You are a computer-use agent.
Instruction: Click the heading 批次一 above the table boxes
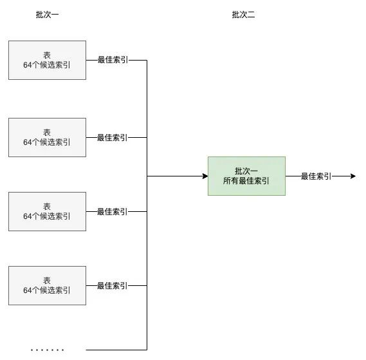click(47, 15)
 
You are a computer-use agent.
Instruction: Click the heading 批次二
click(243, 15)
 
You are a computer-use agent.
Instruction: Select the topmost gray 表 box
click(47, 61)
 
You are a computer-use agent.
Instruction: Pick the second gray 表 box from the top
click(47, 137)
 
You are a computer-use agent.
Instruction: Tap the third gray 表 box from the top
click(47, 211)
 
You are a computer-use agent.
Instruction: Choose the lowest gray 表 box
click(47, 285)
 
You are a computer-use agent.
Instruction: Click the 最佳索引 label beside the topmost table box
click(112, 61)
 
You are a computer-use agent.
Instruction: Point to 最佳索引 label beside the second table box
click(112, 137)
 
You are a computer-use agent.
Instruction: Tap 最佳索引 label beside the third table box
click(112, 211)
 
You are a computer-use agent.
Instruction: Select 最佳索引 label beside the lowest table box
click(112, 285)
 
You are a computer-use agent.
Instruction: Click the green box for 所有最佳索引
click(246, 176)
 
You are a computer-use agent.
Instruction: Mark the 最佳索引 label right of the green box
click(316, 176)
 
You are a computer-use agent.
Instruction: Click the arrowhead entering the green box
click(204, 176)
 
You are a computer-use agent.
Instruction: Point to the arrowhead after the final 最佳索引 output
click(352, 176)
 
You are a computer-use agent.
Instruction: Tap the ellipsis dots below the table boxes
click(48, 350)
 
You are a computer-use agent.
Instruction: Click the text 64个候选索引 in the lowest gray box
click(47, 290)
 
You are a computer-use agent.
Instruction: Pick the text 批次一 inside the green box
click(246, 171)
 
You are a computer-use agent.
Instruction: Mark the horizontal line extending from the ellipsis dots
click(116, 350)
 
